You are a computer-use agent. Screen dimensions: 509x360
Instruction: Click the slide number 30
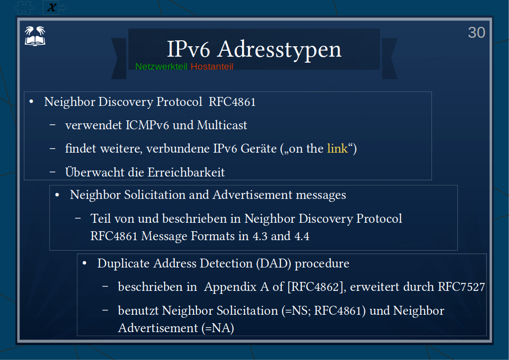(477, 32)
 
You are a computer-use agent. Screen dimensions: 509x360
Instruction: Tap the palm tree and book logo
(35, 36)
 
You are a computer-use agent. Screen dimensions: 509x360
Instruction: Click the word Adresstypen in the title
(279, 50)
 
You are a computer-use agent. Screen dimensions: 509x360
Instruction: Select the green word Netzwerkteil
(162, 67)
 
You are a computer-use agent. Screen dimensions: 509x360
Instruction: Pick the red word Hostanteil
(212, 67)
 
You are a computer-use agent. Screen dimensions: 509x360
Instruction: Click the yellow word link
(338, 148)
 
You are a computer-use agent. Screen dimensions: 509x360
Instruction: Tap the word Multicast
(222, 125)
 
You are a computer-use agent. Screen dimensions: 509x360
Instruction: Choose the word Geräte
(258, 148)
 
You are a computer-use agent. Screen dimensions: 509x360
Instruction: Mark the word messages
(321, 195)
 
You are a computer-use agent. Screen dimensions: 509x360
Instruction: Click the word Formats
(213, 236)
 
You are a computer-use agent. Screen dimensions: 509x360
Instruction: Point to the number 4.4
(302, 236)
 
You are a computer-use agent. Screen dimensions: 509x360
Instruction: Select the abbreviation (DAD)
(273, 263)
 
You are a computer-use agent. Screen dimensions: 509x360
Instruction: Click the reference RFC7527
(461, 287)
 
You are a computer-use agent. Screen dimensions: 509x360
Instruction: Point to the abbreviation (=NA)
(218, 328)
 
